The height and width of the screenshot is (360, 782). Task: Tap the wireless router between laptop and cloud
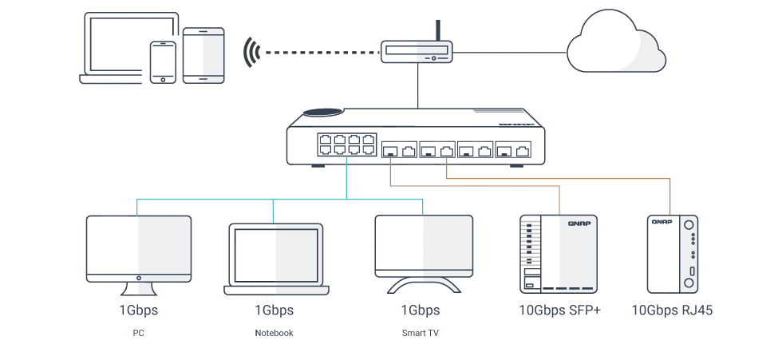[x=414, y=53]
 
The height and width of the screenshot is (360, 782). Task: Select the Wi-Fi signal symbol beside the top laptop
[x=251, y=50]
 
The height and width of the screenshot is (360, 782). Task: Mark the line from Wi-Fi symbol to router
[x=319, y=53]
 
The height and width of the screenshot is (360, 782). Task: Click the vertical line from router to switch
[x=415, y=83]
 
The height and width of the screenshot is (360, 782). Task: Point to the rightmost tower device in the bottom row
[x=673, y=251]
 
